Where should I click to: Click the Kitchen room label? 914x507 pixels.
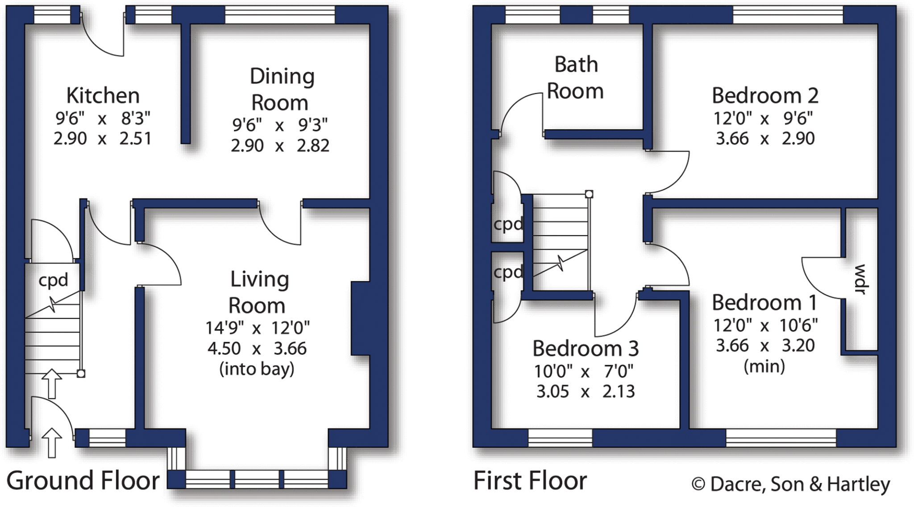[103, 95]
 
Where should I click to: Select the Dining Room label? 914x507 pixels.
[281, 89]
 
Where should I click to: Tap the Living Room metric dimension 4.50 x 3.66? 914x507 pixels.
[257, 348]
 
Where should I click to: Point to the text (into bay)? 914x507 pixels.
[257, 369]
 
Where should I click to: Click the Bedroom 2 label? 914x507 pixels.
[765, 95]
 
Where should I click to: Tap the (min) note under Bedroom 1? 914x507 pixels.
[764, 367]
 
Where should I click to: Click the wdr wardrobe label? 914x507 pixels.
[860, 279]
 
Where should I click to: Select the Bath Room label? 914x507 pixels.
[575, 78]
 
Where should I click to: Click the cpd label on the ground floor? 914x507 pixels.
[53, 280]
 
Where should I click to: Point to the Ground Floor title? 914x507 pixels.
[83, 481]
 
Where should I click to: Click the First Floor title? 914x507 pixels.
[530, 481]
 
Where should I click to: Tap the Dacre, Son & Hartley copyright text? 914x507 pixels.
[791, 484]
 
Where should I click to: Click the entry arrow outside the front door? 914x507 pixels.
[52, 443]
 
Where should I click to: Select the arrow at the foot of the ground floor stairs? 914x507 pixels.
[52, 383]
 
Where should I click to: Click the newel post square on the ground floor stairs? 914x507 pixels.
[81, 374]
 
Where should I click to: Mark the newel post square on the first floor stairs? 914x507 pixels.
[589, 194]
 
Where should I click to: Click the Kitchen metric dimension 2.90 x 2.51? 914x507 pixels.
[103, 139]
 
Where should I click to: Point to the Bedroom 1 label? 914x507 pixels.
[764, 303]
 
